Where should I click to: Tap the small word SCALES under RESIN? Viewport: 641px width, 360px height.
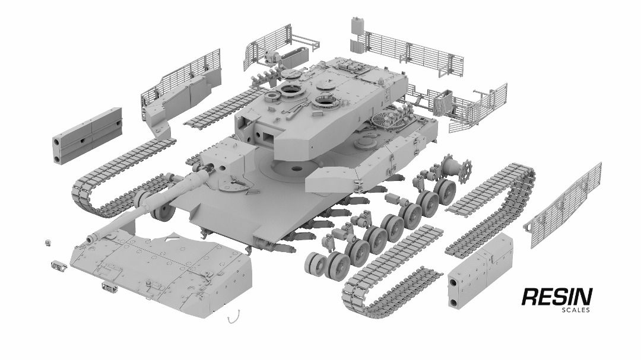tap(575, 310)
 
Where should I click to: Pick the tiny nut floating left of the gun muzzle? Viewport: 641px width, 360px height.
tap(47, 242)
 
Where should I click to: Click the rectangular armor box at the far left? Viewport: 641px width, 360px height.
tap(87, 135)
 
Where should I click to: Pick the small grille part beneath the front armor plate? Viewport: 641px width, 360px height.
tap(110, 288)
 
